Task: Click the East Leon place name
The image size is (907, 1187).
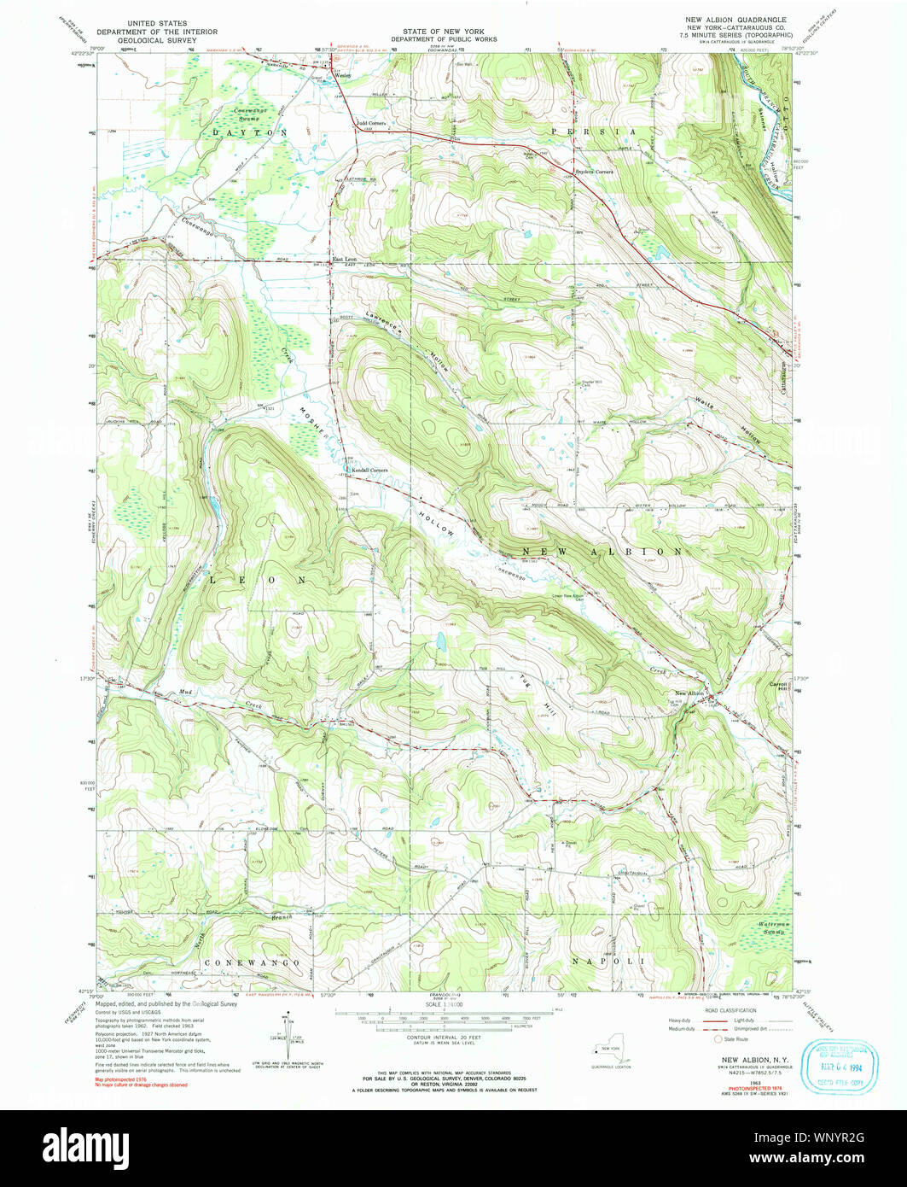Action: (x=345, y=259)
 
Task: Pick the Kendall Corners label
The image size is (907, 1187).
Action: (x=369, y=471)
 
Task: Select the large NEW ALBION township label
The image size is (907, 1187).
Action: (x=602, y=552)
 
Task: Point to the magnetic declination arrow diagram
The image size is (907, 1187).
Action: (x=288, y=1038)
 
